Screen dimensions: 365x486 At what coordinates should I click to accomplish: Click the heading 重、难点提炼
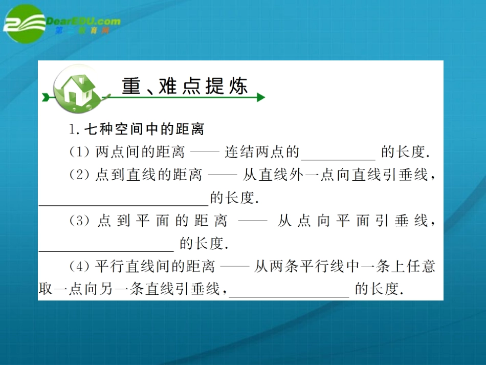coord(185,87)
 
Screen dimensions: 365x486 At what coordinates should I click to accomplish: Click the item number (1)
coord(79,152)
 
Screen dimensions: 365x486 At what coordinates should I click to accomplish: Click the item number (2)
coord(79,175)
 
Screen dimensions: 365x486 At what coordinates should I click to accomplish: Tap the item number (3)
coord(79,221)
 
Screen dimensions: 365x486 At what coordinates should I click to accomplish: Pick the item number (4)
coord(79,267)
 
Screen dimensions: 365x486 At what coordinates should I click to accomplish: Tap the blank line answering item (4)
coord(289,296)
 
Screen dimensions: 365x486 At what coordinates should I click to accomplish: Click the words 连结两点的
coord(262,152)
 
